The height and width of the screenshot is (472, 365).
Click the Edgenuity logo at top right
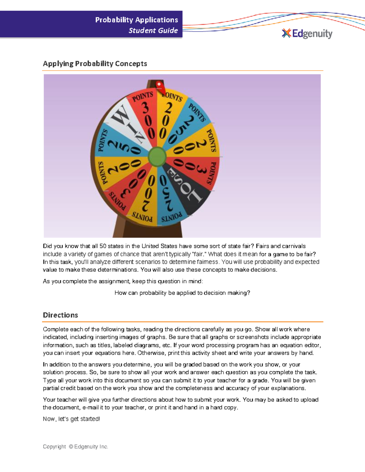coord(307,33)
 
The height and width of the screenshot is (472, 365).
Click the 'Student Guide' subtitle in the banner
coord(153,30)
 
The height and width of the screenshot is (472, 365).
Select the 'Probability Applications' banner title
coord(137,20)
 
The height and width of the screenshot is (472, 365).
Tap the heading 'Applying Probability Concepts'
coord(95,64)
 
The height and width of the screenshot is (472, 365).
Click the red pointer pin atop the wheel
coord(159,85)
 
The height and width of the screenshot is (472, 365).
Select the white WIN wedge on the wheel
coord(128,125)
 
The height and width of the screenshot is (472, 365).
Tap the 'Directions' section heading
coord(60,315)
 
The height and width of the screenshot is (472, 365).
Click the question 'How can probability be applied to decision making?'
coord(182,293)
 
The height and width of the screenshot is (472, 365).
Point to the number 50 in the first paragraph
coord(103,246)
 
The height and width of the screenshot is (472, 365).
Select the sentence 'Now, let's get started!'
coord(71,419)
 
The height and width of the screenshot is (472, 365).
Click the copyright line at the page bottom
coord(75,446)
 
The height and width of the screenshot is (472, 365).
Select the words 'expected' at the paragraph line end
coord(307,262)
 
